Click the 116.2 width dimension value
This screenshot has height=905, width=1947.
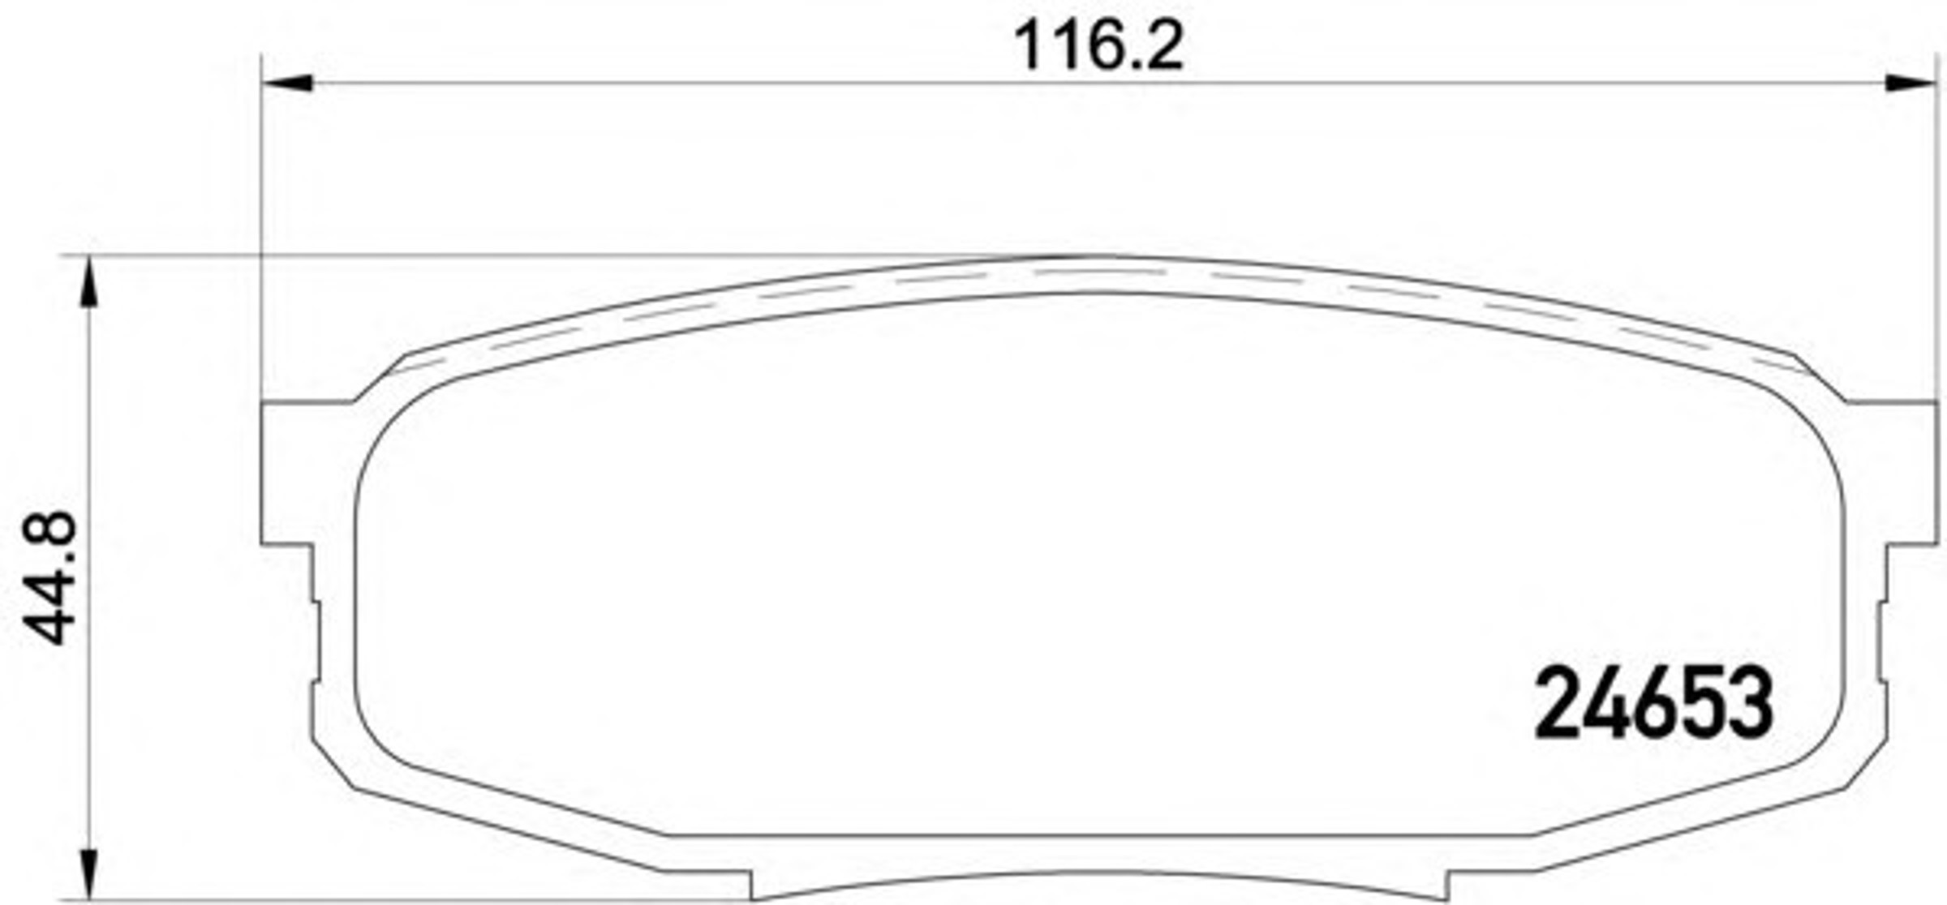(x=1099, y=46)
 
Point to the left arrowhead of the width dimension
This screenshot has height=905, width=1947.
(x=287, y=83)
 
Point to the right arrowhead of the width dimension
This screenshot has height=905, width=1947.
(x=1911, y=83)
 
